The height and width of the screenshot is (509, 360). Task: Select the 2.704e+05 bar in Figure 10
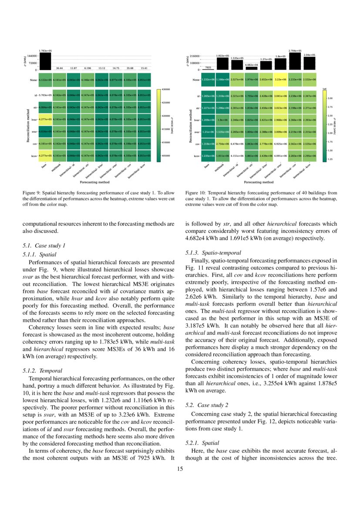tap(295, 61)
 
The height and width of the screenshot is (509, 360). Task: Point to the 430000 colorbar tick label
tap(166, 89)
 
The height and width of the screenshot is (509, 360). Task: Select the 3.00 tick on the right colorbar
tap(330, 98)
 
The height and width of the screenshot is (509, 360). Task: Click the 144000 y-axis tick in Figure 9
tap(31, 56)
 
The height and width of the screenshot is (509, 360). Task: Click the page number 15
tap(180, 469)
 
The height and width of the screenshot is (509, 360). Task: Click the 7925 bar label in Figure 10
tap(208, 67)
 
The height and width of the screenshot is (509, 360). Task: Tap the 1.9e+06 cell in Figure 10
tap(223, 119)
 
